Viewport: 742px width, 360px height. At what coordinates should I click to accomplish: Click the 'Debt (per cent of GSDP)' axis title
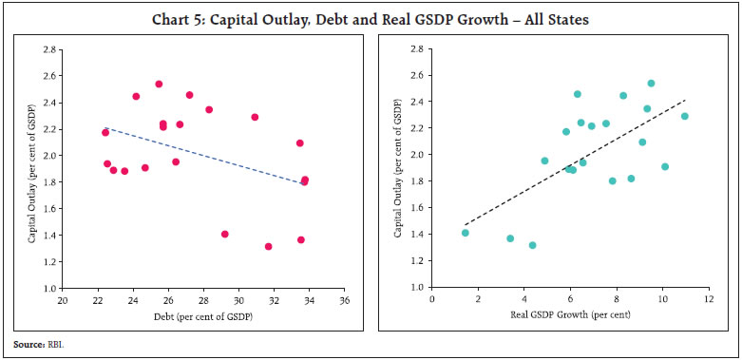[x=201, y=315]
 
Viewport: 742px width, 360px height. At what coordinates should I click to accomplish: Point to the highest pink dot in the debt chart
[x=159, y=84]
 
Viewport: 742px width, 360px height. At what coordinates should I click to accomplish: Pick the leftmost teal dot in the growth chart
[x=466, y=233]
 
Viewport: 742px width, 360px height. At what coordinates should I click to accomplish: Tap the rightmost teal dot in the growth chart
[x=684, y=116]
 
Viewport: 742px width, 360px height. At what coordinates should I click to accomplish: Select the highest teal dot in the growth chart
[x=651, y=84]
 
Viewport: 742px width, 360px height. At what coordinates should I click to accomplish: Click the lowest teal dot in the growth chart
[x=533, y=245]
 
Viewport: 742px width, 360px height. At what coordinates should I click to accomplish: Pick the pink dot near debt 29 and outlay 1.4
[x=225, y=234]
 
